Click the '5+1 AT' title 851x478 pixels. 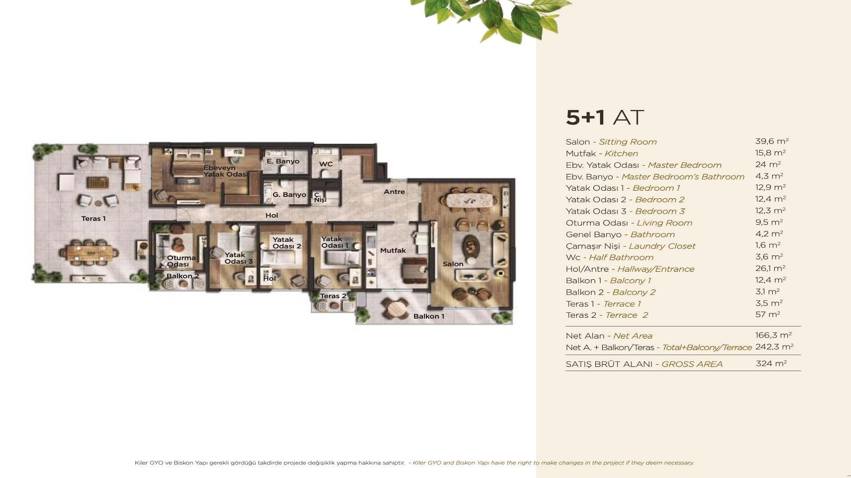pos(605,117)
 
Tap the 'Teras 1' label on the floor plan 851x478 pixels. pos(94,219)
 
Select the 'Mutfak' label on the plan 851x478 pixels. pos(393,251)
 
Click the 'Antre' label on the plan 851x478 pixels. pos(394,192)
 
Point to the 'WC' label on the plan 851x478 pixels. pos(326,164)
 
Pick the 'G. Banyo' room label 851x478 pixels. pos(289,195)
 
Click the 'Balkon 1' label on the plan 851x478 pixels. pos(429,316)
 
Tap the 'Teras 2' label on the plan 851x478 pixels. pos(333,296)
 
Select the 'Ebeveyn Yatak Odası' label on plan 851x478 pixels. pos(225,171)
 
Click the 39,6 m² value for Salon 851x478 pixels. pos(772,141)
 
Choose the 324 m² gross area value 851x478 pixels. pos(771,363)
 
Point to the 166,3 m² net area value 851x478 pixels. pos(773,335)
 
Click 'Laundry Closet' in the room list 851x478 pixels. pos(662,246)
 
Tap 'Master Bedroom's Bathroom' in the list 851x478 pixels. pos(683,177)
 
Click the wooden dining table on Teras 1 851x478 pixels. pos(90,253)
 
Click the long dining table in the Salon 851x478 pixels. pos(472,200)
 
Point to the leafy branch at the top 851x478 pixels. pos(492,20)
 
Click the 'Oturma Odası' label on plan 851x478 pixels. pos(181,261)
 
